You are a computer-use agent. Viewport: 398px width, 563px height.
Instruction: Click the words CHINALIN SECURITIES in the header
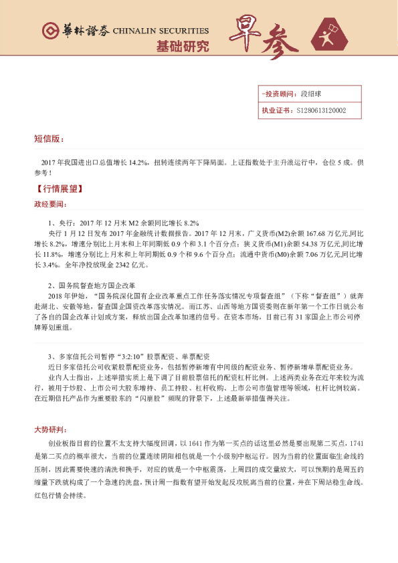tap(160, 31)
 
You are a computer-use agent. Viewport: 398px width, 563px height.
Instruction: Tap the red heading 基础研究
tap(182, 47)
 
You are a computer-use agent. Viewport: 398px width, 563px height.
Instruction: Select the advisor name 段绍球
tap(311, 94)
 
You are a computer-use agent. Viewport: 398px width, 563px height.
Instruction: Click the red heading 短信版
tap(49, 139)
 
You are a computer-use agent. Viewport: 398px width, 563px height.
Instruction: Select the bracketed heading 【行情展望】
tap(58, 189)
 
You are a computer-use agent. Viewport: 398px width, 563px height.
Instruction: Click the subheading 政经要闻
tap(50, 204)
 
